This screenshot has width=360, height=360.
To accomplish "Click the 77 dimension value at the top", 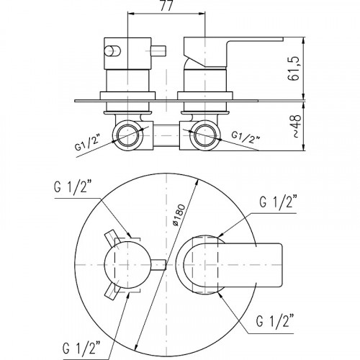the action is (x=166, y=6).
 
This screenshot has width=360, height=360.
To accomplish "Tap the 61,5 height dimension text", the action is (x=294, y=69).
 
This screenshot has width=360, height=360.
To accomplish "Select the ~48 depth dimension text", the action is (x=297, y=126).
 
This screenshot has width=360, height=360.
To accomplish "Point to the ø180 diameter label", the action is (x=179, y=215).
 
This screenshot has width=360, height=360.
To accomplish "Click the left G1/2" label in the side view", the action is (x=87, y=143).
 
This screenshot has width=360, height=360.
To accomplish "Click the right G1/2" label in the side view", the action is (x=246, y=138).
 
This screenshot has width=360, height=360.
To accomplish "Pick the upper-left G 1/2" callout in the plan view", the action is (x=70, y=187).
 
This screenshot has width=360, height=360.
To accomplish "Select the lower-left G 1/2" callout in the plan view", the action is (x=81, y=348).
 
